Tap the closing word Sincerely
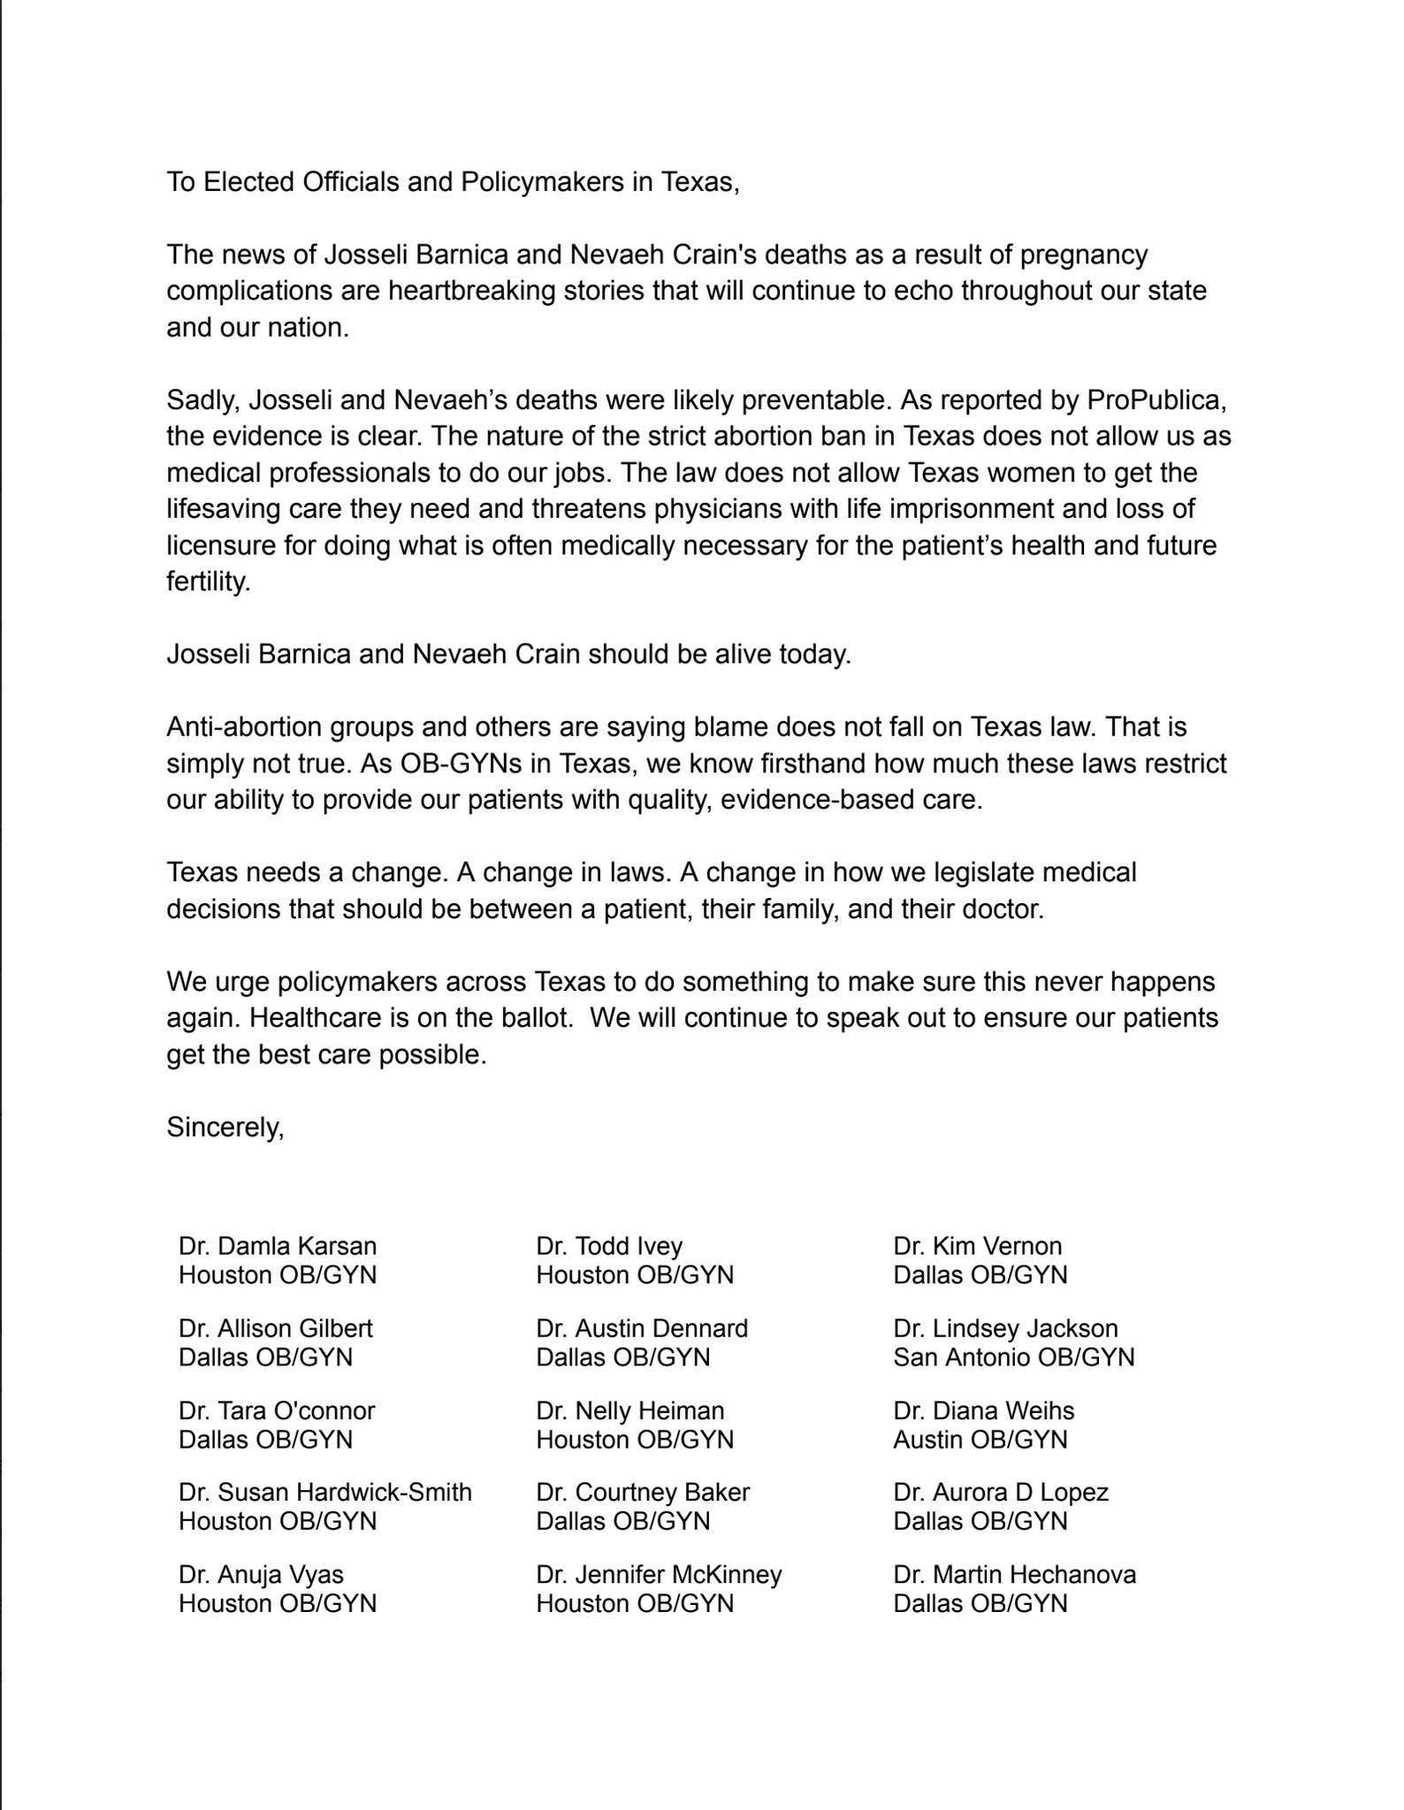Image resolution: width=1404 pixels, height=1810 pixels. tap(225, 1128)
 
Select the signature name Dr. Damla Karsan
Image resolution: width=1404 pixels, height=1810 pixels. tap(278, 1246)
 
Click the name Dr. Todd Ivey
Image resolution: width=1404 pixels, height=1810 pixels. tap(609, 1246)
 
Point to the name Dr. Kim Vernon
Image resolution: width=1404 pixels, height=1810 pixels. tap(977, 1246)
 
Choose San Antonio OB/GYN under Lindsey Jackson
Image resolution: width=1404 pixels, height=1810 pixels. tap(1013, 1357)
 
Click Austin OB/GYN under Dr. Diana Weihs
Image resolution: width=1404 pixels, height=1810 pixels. tap(980, 1439)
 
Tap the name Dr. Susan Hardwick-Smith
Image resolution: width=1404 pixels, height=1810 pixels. tap(324, 1492)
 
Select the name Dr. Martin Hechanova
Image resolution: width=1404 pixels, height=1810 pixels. tap(1014, 1574)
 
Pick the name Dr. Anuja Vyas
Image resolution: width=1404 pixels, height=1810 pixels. tap(261, 1574)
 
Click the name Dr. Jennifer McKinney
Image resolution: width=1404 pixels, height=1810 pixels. tap(659, 1574)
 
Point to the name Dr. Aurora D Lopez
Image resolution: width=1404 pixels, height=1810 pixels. tap(1000, 1492)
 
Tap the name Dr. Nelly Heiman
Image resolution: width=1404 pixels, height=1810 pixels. tap(630, 1411)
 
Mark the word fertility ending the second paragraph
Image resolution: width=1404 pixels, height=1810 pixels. tap(209, 582)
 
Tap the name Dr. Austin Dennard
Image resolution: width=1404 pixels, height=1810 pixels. tap(642, 1328)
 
